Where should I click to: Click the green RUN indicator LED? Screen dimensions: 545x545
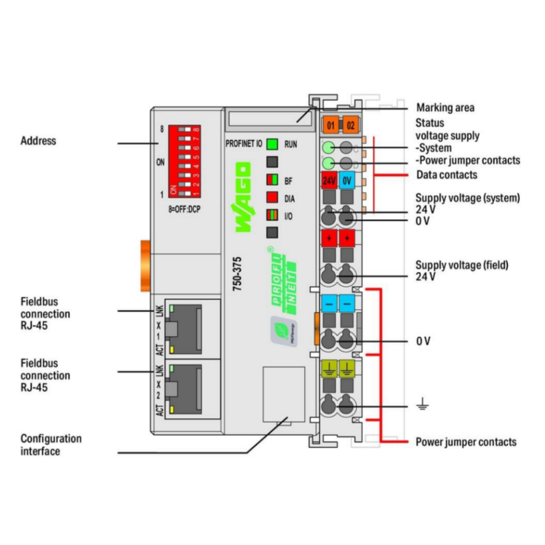pos(273,144)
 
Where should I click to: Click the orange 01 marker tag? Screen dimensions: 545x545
pos(330,124)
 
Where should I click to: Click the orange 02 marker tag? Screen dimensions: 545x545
pos(351,124)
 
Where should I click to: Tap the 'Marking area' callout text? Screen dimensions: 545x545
pos(445,108)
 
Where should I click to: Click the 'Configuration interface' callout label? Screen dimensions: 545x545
pos(51,445)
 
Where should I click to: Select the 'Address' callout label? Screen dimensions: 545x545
pos(38,140)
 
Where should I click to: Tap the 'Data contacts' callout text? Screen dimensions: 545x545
pos(447,175)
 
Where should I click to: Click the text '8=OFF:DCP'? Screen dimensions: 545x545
pos(185,208)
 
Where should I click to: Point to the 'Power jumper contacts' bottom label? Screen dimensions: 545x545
pos(466,442)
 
